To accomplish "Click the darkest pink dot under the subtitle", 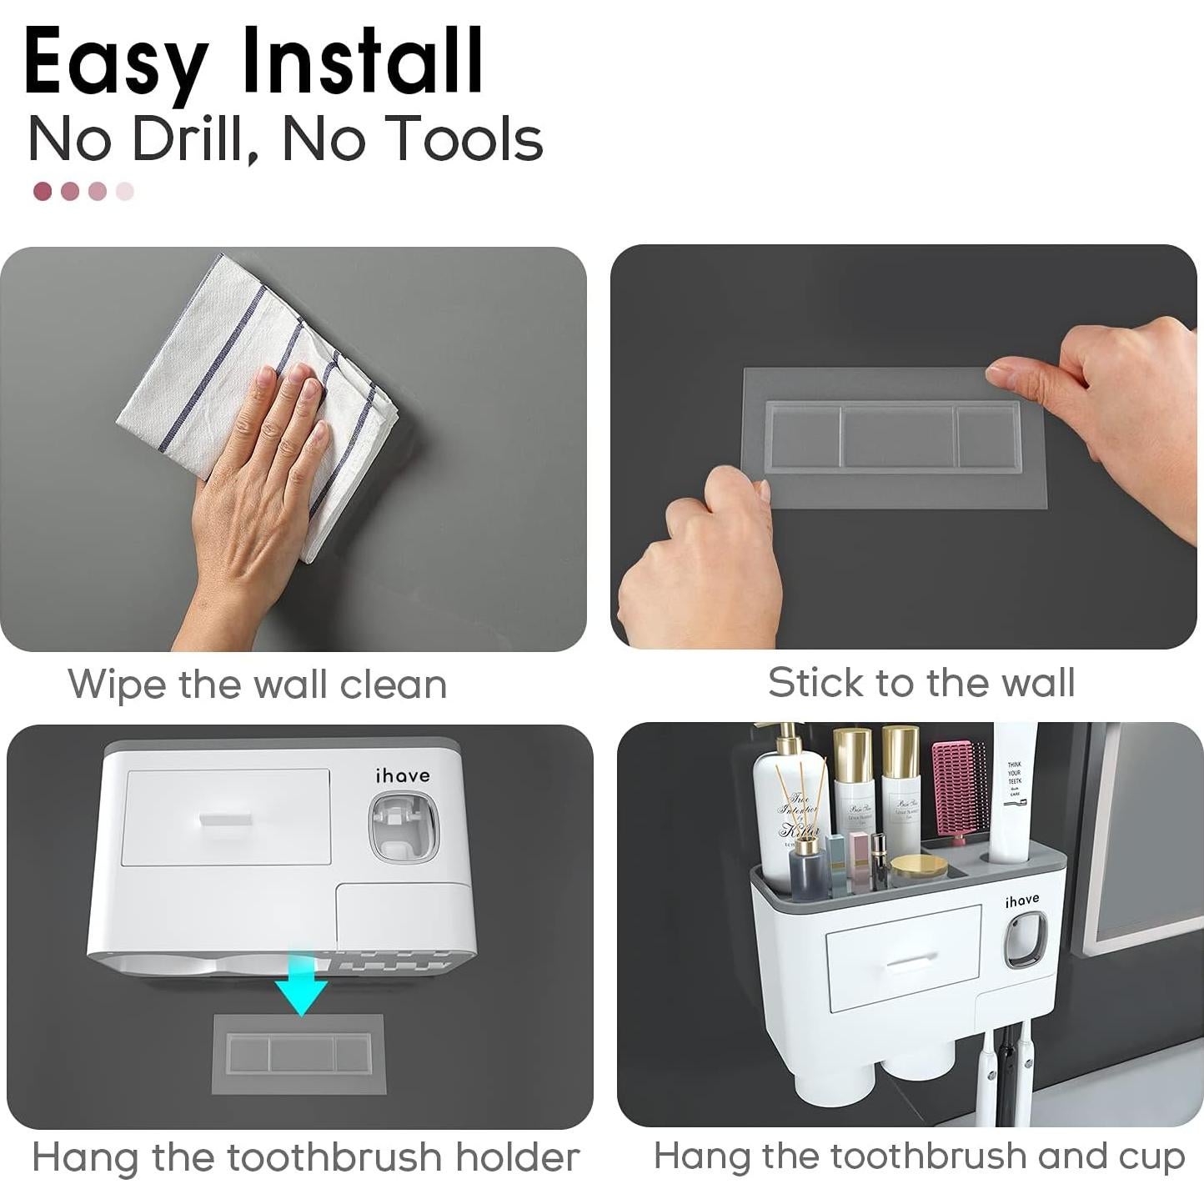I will pos(43,192).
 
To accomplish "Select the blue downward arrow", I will pos(302,984).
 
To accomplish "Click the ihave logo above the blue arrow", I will pos(403,776).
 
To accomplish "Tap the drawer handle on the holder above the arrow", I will pos(226,818).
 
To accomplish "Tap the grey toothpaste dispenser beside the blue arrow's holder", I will pos(403,827).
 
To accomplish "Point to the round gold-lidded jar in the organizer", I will pos(918,869).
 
